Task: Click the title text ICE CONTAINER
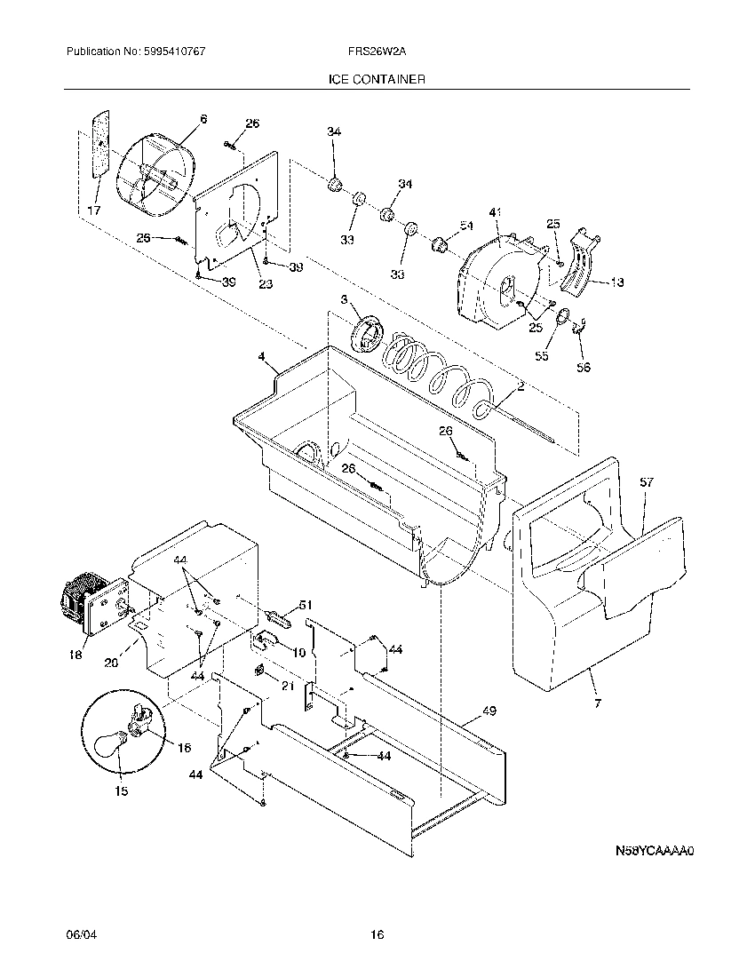coord(377,80)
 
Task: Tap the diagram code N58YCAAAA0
coord(655,850)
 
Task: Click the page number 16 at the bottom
coord(377,935)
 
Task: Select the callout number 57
coord(647,482)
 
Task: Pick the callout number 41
coord(496,212)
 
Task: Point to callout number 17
coord(94,210)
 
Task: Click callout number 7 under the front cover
coord(597,704)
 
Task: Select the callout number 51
coord(306,605)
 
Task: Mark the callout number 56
coord(583,366)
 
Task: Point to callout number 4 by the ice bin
coord(262,357)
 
